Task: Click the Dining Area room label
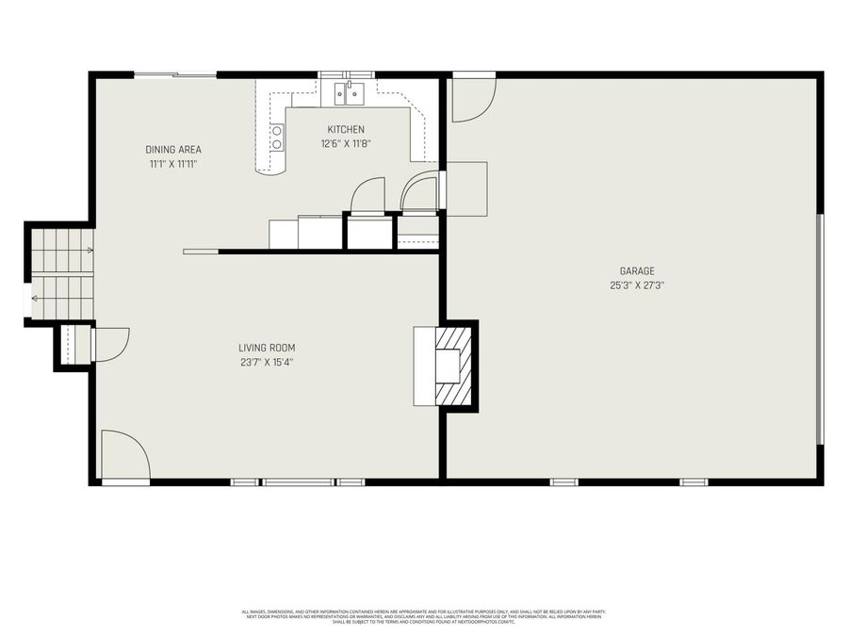[172, 150]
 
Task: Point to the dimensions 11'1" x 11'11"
[172, 164]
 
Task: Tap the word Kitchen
[346, 129]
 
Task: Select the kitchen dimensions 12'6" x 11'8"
[346, 144]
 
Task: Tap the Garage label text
[637, 270]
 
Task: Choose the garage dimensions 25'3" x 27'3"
[637, 285]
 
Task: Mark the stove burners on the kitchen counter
[277, 139]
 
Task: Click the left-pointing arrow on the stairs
[35, 298]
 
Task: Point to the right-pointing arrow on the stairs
[89, 251]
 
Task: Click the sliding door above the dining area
[175, 74]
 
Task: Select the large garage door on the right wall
[821, 328]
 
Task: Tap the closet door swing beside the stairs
[110, 345]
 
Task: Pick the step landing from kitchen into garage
[465, 188]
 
